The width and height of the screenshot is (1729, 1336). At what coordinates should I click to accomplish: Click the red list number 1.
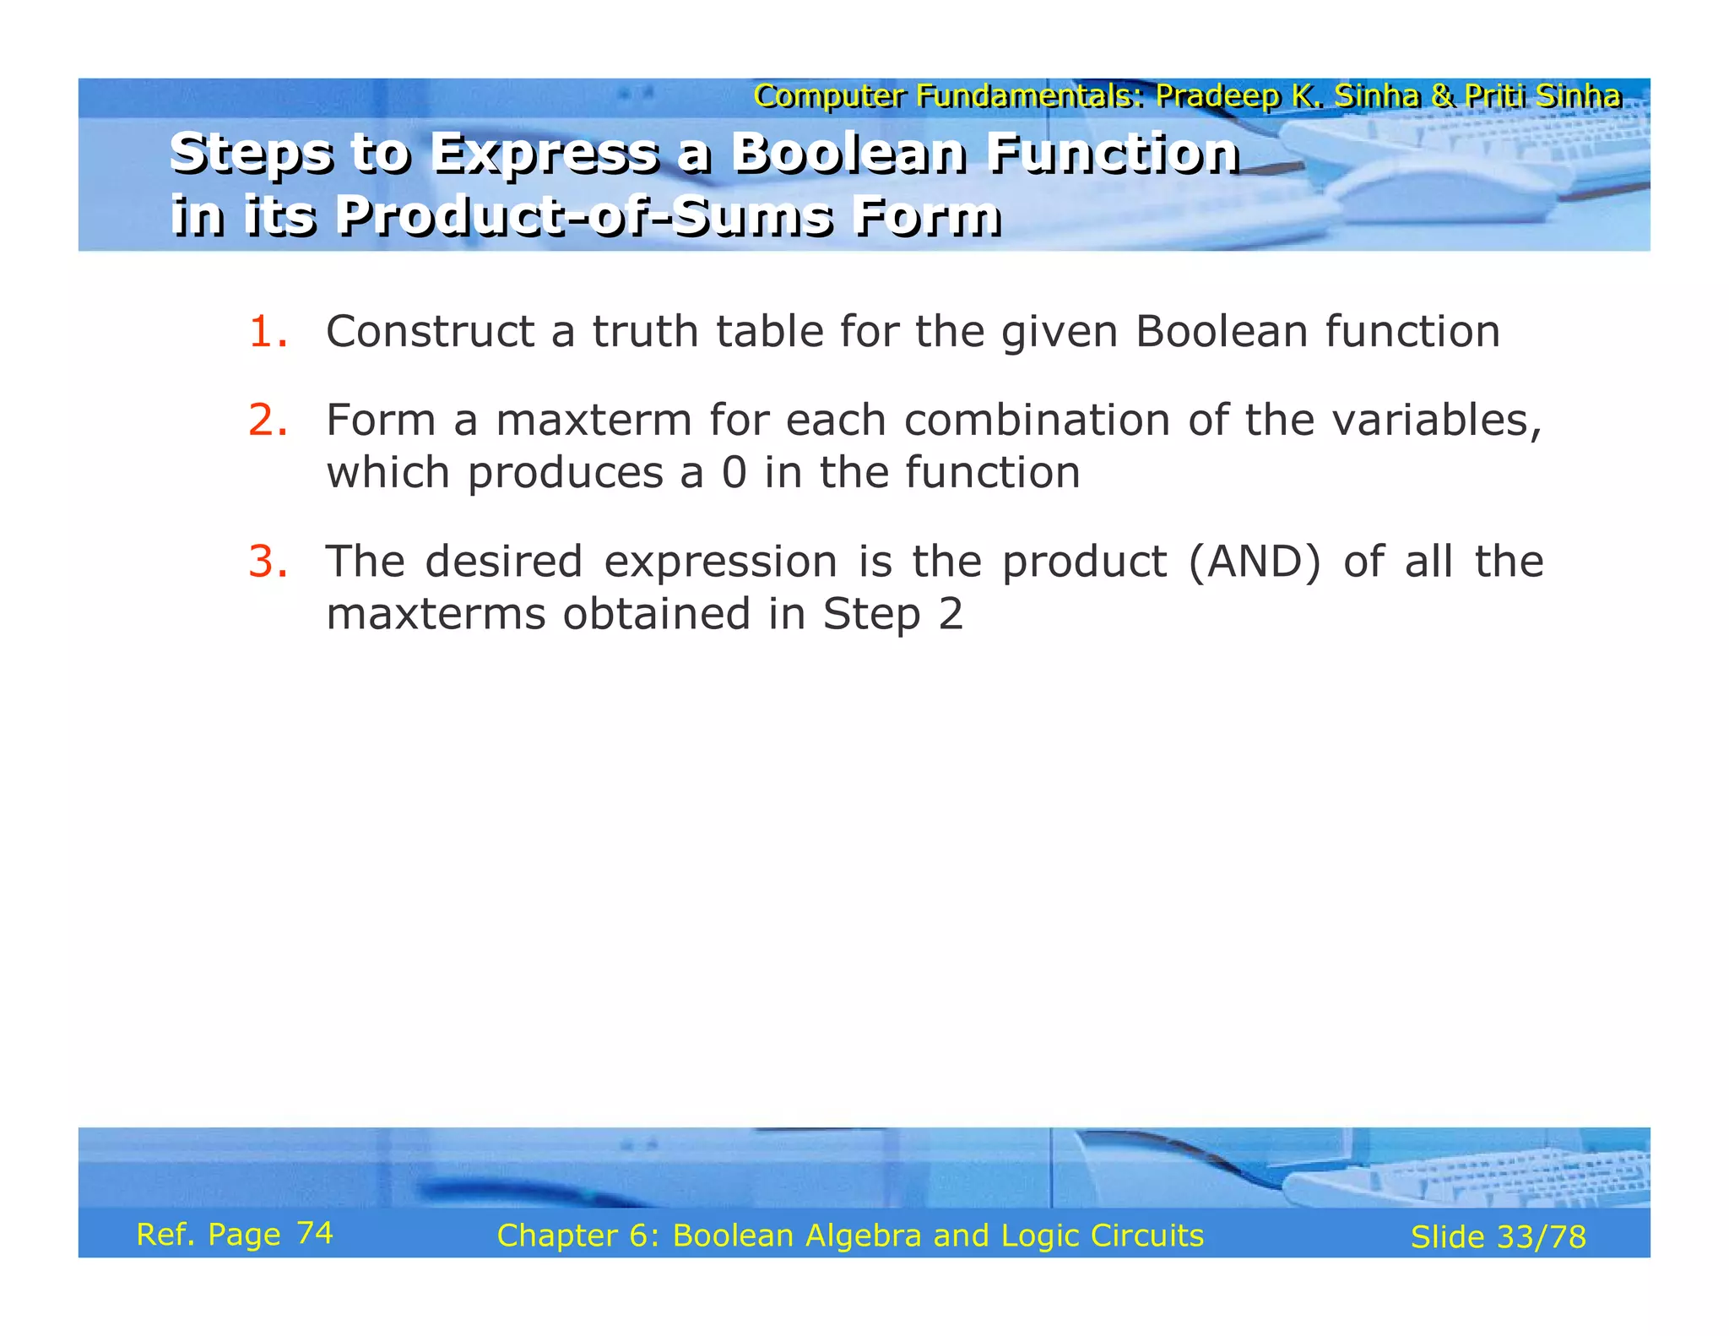pyautogui.click(x=267, y=332)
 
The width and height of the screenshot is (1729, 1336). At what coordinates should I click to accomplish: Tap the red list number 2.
pyautogui.click(x=267, y=421)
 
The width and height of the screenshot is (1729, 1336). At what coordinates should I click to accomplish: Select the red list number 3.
pyautogui.click(x=267, y=562)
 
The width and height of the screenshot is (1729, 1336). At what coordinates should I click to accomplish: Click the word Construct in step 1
pyautogui.click(x=430, y=332)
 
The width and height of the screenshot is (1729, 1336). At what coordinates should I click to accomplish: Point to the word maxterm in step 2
pyautogui.click(x=593, y=421)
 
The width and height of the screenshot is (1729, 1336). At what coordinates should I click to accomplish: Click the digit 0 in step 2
pyautogui.click(x=734, y=473)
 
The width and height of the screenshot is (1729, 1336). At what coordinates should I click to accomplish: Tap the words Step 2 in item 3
pyautogui.click(x=892, y=614)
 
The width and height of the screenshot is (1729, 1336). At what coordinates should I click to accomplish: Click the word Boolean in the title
pyautogui.click(x=848, y=154)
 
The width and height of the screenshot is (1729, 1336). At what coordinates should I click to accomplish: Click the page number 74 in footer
pyautogui.click(x=315, y=1234)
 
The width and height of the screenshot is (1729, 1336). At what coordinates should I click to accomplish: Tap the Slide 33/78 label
pyautogui.click(x=1498, y=1237)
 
